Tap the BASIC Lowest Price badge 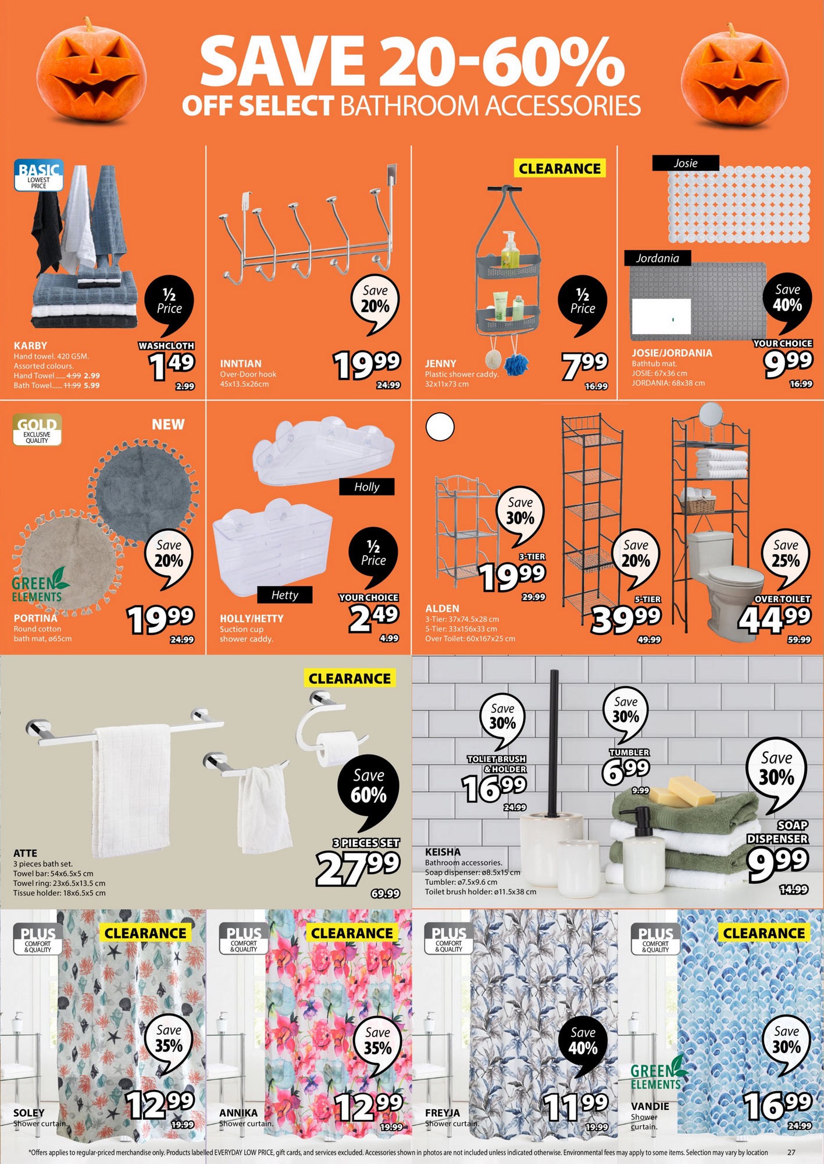38,175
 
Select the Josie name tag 686,163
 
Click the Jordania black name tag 658,258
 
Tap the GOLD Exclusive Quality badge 37,430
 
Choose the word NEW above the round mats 168,424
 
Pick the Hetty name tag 285,595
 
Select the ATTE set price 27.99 358,868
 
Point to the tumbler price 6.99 626,771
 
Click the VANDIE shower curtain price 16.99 777,1105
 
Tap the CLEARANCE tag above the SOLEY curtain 145,933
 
